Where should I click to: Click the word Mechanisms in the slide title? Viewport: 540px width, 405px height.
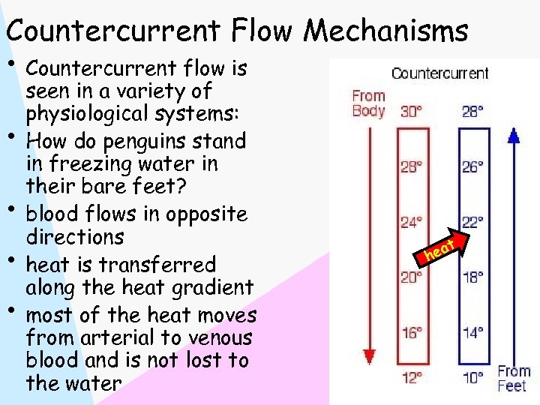(x=385, y=31)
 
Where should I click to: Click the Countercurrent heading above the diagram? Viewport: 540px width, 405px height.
(x=439, y=73)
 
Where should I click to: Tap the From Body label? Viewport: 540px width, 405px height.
(x=368, y=103)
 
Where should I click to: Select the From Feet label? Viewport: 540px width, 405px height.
(x=514, y=378)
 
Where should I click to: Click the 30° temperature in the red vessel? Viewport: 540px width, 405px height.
(x=411, y=111)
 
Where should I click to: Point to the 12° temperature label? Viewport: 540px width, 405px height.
(x=411, y=377)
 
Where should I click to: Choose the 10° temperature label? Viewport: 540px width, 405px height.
(x=472, y=377)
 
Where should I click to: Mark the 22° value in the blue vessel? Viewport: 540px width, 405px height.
(x=472, y=221)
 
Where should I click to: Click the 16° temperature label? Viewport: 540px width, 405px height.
(x=411, y=333)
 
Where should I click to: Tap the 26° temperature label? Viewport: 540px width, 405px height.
(x=472, y=166)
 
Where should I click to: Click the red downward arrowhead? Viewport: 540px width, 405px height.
(x=368, y=357)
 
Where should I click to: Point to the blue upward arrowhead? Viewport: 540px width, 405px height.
(x=514, y=135)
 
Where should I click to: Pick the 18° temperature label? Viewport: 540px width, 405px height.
(x=472, y=277)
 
